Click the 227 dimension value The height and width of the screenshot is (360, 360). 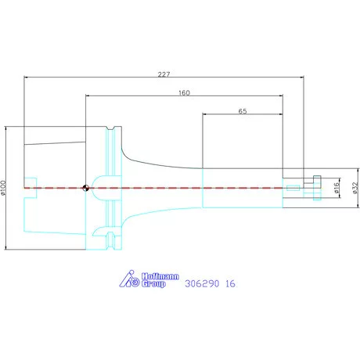pos(164,74)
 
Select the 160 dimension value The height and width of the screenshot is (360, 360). pos(184,93)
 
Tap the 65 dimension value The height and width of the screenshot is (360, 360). pos(243,111)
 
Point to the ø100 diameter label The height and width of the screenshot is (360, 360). pos(3,188)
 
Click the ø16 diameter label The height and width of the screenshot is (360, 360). pos(337,188)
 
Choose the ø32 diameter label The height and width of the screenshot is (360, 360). pos(355,188)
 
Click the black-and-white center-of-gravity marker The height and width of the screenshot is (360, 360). pos(85,188)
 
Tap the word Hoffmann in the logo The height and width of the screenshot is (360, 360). pos(160,276)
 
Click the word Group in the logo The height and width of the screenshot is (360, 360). pos(153,284)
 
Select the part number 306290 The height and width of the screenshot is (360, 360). pos(202,283)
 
